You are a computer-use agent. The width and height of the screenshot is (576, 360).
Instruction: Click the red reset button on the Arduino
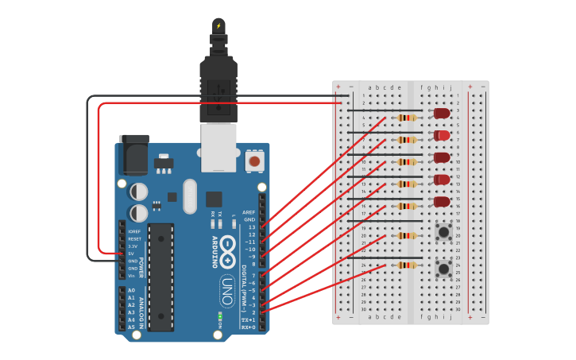[254, 161]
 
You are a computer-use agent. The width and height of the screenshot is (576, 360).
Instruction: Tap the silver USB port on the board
[218, 149]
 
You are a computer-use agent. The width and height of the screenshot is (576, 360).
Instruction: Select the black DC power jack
[133, 154]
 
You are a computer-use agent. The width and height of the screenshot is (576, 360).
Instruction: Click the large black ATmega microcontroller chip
[160, 277]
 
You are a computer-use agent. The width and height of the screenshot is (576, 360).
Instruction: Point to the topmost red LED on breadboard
[442, 114]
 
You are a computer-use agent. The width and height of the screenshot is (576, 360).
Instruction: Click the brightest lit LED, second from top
[442, 136]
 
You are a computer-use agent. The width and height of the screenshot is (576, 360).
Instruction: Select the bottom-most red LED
[442, 202]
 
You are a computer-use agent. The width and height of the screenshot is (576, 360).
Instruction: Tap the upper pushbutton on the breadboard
[443, 232]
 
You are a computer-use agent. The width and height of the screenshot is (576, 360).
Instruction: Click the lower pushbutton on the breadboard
[443, 269]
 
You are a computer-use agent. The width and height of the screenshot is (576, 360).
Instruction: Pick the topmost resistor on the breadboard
[406, 118]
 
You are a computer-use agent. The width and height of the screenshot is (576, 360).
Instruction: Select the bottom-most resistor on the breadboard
[406, 265]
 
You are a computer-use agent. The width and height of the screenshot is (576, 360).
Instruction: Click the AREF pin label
[249, 212]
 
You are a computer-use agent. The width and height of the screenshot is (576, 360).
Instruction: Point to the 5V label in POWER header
[131, 254]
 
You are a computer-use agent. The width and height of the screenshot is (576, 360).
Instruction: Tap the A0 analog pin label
[131, 291]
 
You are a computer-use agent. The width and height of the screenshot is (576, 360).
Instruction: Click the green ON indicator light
[218, 318]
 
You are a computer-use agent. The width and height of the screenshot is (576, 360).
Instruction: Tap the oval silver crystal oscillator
[189, 196]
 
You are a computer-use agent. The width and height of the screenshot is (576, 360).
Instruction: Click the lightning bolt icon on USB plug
[218, 25]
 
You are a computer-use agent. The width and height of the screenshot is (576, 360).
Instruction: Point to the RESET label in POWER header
[134, 238]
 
